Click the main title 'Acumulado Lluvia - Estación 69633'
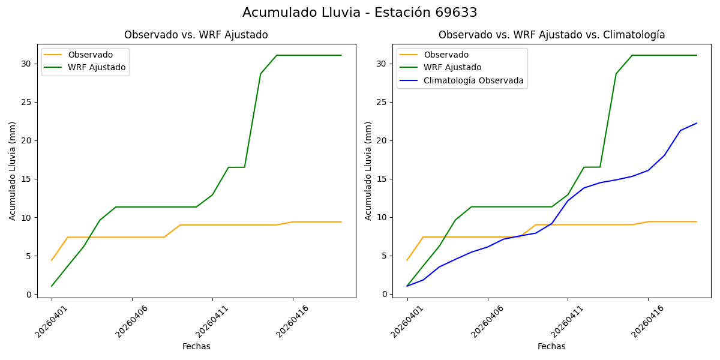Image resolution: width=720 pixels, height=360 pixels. [360, 13]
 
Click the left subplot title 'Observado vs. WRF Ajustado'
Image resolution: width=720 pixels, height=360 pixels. [196, 35]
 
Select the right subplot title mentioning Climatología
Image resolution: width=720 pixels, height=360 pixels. [551, 35]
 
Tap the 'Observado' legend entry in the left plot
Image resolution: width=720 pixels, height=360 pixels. [90, 55]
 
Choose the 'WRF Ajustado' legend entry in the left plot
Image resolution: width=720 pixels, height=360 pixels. [97, 67]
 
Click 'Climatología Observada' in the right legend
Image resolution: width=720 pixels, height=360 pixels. [473, 80]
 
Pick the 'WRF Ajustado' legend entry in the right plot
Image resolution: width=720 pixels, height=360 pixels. [452, 67]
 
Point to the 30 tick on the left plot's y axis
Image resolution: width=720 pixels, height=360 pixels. [27, 64]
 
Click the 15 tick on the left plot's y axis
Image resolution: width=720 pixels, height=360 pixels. [27, 179]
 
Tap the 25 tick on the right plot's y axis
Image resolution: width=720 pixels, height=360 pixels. [383, 102]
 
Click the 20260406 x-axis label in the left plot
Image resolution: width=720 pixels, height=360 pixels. [132, 321]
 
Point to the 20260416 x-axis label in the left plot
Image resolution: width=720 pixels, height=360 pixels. [293, 321]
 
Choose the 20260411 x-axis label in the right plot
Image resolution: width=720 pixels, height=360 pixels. [568, 321]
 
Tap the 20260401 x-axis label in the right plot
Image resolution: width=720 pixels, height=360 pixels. [407, 321]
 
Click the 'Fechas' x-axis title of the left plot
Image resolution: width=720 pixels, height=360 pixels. [196, 346]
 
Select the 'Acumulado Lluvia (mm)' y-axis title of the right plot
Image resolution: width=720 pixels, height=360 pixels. [368, 170]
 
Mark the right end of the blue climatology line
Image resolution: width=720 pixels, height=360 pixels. [697, 123]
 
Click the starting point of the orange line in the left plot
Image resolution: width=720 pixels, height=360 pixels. [52, 260]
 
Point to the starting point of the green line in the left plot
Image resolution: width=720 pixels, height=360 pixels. [52, 286]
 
